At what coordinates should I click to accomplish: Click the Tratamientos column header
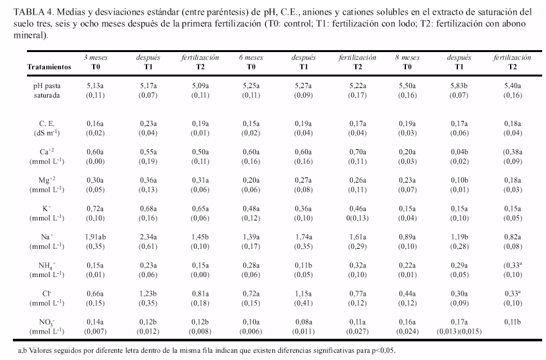pos(49,67)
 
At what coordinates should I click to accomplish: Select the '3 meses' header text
pos(96,57)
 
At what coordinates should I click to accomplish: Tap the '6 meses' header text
pos(251,57)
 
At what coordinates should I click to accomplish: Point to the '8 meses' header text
pos(407,57)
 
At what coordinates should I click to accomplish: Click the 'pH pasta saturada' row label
pos(47,90)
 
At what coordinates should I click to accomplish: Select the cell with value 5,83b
pos(459,85)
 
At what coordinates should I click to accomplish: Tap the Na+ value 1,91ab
pos(96,237)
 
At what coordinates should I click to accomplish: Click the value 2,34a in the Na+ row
pos(148,237)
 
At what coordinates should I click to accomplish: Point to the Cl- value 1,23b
pos(148,294)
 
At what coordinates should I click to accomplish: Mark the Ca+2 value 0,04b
pos(459,152)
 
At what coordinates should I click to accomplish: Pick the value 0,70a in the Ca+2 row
pos(358,152)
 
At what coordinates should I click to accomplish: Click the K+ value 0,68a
pos(148,209)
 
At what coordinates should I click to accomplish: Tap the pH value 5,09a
pos(200,85)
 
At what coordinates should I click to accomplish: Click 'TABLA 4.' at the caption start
pos(33,12)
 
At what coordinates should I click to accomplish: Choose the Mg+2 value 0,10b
pos(459,180)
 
